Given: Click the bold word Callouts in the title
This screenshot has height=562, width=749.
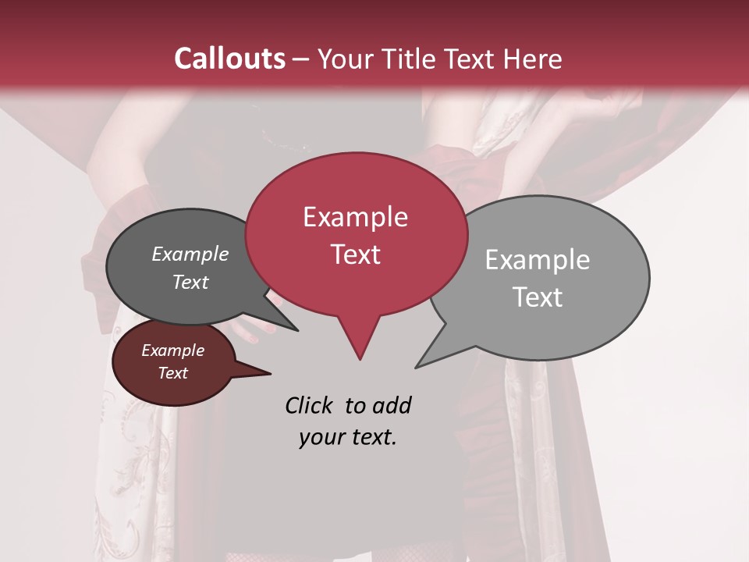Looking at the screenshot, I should point(229,59).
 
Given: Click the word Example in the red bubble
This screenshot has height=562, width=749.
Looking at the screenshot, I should point(355,217).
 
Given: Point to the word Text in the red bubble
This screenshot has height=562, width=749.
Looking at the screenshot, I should point(355,254).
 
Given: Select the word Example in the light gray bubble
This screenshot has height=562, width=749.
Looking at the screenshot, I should point(537,260).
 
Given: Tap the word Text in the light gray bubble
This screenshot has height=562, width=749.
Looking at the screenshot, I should point(538,297).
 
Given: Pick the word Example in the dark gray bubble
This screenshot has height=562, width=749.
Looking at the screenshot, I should point(190,254).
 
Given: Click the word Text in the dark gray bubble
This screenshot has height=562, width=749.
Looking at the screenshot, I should point(190,282).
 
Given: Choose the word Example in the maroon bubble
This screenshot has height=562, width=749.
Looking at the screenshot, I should point(172,350).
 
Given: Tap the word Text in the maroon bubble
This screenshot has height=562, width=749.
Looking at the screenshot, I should point(172,373).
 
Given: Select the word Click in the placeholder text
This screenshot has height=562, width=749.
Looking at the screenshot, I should point(310,405).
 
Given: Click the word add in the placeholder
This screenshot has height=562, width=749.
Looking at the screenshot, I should point(391,405).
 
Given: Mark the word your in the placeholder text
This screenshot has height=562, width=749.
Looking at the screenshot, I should point(321,437).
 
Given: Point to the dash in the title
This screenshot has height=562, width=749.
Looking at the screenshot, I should point(302,59).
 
